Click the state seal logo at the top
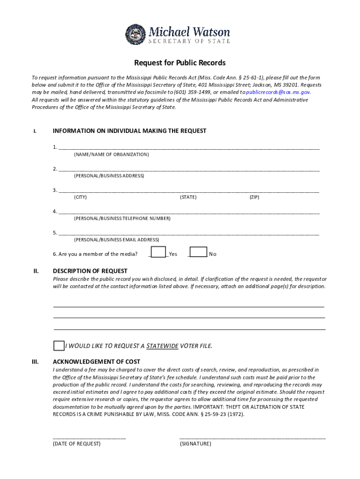click(x=136, y=34)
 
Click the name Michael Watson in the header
click(x=189, y=32)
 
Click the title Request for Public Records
click(x=180, y=63)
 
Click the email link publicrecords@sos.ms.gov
click(x=278, y=92)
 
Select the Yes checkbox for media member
click(x=159, y=253)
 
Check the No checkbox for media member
click(x=199, y=253)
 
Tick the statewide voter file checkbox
click(x=58, y=346)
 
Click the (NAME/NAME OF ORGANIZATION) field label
click(x=111, y=154)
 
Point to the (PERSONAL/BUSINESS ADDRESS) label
click(x=109, y=176)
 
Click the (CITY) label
click(x=80, y=197)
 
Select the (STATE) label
click(x=188, y=197)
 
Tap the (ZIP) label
click(x=254, y=197)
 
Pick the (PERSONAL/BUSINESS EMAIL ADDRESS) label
click(x=116, y=239)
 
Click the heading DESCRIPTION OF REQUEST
click(x=90, y=271)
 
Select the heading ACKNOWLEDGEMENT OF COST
click(x=96, y=362)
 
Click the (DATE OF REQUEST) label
click(x=77, y=443)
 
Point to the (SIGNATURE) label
click(x=195, y=443)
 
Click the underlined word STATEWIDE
click(x=162, y=346)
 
